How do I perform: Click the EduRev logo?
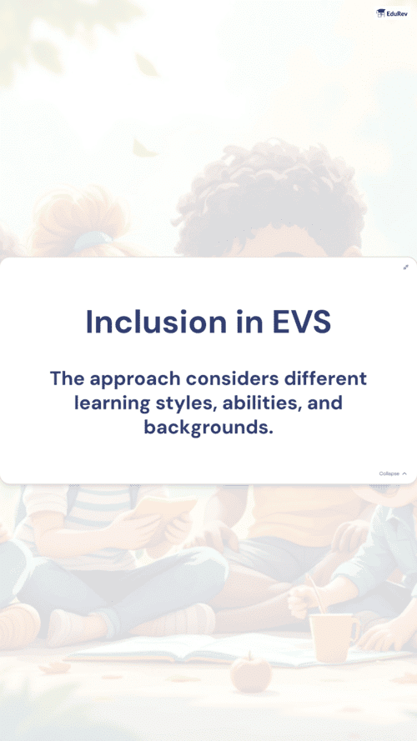tap(391, 13)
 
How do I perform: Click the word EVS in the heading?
tap(302, 322)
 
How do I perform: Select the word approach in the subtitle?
tap(135, 379)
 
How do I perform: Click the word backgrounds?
tap(208, 428)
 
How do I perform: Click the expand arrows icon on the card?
tap(405, 268)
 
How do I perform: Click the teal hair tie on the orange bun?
tap(93, 241)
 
